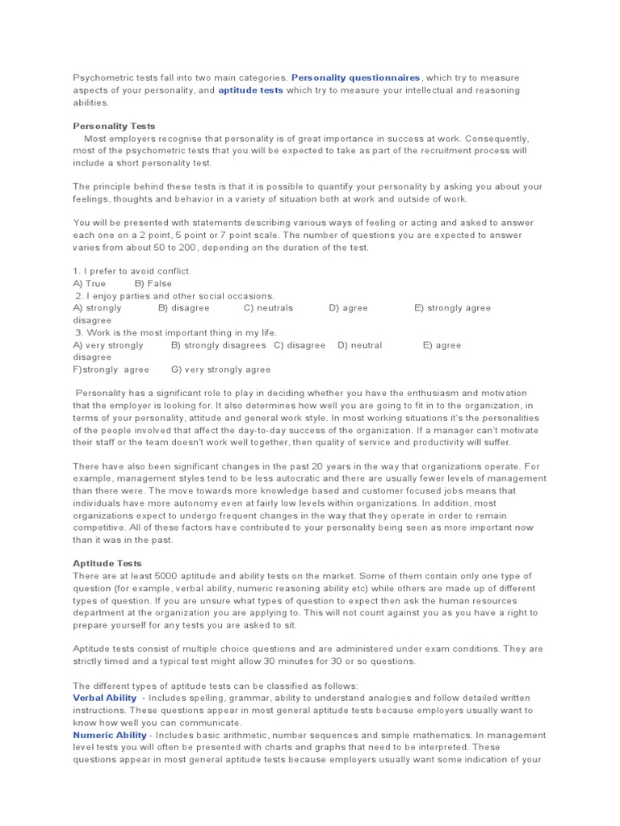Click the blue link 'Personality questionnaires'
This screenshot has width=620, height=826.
click(x=356, y=77)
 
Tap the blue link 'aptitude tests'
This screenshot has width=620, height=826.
click(x=250, y=90)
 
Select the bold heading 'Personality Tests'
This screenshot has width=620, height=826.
click(x=114, y=126)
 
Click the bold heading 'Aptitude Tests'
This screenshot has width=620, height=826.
click(x=107, y=563)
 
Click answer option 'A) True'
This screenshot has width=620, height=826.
click(x=90, y=284)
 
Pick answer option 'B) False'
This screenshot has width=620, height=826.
click(x=153, y=284)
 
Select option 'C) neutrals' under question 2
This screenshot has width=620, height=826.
click(x=268, y=308)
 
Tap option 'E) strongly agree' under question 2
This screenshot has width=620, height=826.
click(x=452, y=308)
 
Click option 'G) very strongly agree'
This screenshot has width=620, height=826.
click(x=220, y=369)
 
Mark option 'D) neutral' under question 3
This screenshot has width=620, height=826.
click(x=360, y=345)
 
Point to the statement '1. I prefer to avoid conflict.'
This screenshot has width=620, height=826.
click(x=132, y=271)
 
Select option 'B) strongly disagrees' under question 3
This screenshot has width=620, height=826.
click(x=218, y=345)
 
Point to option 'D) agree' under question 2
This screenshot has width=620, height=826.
click(x=348, y=308)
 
